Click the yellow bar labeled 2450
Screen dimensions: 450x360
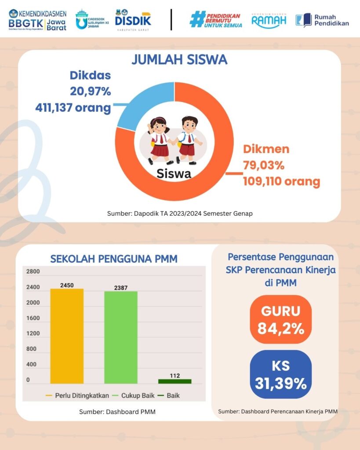tap(67, 336)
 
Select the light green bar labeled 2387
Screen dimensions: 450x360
tap(121, 337)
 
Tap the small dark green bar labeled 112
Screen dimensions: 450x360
tap(175, 381)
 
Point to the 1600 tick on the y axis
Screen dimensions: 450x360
tap(33, 318)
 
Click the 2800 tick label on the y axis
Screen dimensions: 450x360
tap(33, 272)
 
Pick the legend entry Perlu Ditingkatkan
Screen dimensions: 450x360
tap(77, 396)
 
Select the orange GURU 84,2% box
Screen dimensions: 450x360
tap(281, 320)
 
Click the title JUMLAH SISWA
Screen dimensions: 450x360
tap(179, 59)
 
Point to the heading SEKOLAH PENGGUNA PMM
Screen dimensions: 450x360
tap(114, 259)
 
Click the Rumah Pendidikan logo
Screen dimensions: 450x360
tap(322, 20)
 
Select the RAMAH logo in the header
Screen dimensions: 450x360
tap(269, 20)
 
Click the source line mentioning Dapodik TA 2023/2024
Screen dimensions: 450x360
tap(180, 214)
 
